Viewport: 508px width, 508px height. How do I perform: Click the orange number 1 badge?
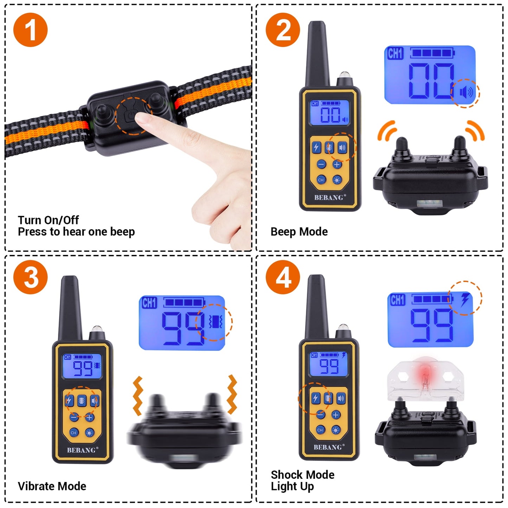[30, 30]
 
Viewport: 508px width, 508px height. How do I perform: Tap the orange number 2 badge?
[283, 30]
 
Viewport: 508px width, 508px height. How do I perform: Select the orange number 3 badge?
[30, 277]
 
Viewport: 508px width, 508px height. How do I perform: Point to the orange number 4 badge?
[283, 277]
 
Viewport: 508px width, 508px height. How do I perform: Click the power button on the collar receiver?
[130, 116]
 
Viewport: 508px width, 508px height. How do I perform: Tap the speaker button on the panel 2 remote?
[342, 148]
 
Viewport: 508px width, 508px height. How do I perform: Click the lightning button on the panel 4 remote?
[315, 398]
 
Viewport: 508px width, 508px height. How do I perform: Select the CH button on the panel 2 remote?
[321, 180]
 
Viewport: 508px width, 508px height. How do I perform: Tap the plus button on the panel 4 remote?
[336, 415]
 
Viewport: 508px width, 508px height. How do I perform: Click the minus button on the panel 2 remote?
[321, 164]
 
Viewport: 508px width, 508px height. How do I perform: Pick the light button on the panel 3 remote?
[90, 432]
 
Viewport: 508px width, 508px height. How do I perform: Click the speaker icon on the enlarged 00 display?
[466, 93]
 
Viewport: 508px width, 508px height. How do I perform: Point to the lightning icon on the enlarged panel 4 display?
[465, 300]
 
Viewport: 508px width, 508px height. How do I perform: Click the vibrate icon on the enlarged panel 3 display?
[215, 321]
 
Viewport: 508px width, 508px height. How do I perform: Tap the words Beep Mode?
[299, 232]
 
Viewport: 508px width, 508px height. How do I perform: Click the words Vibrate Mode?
[52, 486]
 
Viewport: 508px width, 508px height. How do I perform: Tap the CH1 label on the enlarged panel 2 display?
[395, 54]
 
